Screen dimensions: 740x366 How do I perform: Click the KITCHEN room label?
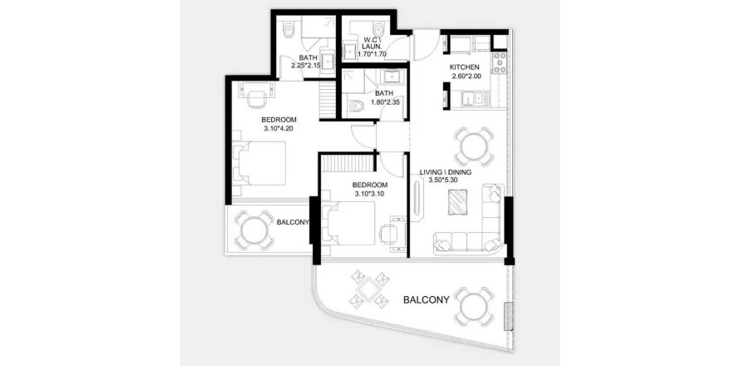[x=465, y=67]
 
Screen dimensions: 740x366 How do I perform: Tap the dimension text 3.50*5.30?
[x=443, y=180]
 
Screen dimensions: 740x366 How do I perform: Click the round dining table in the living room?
[x=474, y=146]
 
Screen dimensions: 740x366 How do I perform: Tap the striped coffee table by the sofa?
[x=458, y=202]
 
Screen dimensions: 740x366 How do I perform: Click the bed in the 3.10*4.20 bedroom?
[x=260, y=163]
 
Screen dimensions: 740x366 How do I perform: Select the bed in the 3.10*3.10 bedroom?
[x=348, y=224]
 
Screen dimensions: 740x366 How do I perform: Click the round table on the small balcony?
[x=254, y=230]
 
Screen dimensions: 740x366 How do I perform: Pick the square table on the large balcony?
[x=369, y=289]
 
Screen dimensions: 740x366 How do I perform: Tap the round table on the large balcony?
[x=474, y=306]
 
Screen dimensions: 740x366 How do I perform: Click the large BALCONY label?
[x=427, y=299]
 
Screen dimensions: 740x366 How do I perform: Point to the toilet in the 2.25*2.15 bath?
[x=289, y=30]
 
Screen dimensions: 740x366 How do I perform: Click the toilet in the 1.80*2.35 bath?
[x=355, y=106]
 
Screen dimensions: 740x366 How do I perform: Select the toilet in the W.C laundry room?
[x=379, y=28]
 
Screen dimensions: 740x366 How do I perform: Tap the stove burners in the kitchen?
[x=500, y=63]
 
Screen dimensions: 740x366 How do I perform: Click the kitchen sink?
[x=472, y=99]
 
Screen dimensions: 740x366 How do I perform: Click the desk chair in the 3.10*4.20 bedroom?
[x=256, y=100]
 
